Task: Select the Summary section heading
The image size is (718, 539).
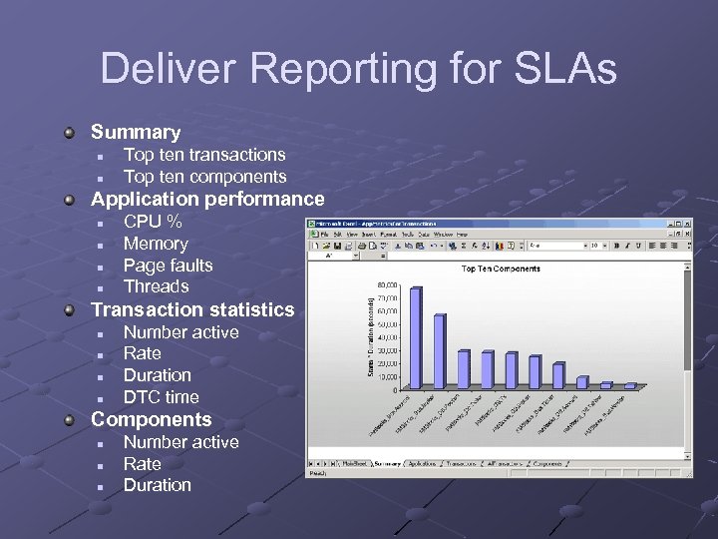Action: [x=136, y=132]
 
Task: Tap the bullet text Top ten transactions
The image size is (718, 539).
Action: [x=203, y=155]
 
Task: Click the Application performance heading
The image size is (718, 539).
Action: [x=207, y=199]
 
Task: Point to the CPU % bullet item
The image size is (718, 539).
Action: [x=153, y=222]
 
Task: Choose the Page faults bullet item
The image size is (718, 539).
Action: [x=168, y=266]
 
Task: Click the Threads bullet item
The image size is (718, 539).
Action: [x=156, y=286]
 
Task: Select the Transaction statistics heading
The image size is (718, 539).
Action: [x=192, y=309]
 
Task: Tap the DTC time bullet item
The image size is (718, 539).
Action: [x=161, y=397]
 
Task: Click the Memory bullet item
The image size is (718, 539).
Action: [x=156, y=244]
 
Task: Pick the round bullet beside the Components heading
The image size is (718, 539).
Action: [x=71, y=420]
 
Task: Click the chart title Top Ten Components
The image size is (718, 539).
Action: [x=501, y=269]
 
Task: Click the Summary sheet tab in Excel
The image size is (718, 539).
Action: [x=387, y=464]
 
